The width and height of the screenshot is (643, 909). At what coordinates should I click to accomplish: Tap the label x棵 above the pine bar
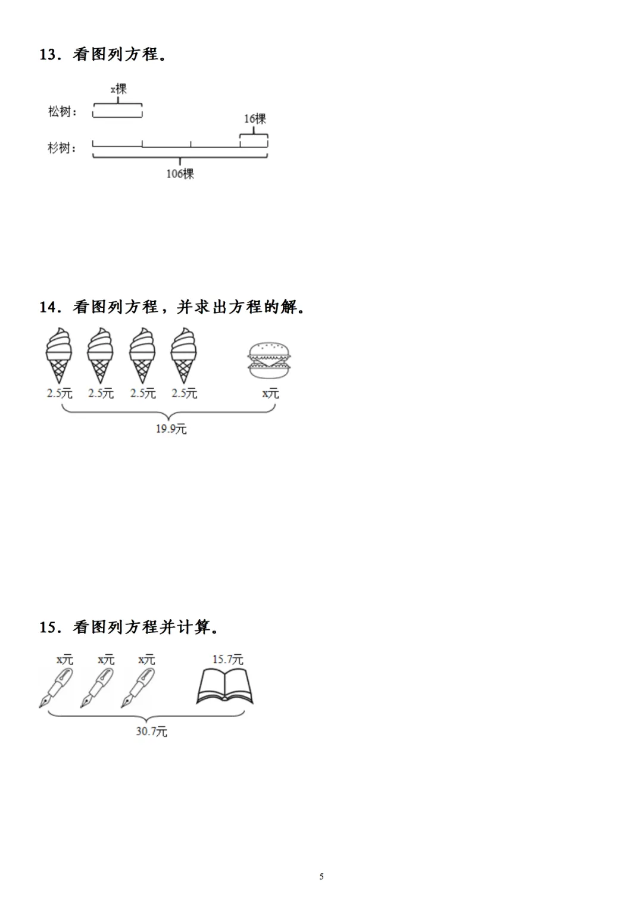[x=118, y=89]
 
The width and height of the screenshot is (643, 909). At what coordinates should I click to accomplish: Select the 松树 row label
[x=62, y=111]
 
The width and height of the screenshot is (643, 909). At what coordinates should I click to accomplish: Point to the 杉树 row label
[x=62, y=148]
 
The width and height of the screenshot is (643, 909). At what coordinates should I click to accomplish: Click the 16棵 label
[x=255, y=119]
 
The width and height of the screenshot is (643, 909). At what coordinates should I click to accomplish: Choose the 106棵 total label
[x=180, y=174]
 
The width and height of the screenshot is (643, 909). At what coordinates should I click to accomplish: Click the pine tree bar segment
[x=117, y=111]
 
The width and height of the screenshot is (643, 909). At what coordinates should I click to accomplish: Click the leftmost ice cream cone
[x=59, y=355]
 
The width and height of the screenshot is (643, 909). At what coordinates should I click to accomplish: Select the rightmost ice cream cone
[x=183, y=355]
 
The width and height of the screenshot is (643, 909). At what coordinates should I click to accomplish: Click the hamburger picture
[x=269, y=360]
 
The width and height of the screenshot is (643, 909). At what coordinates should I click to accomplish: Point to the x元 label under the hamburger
[x=270, y=393]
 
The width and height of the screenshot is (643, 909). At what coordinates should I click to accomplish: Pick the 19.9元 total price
[x=171, y=429]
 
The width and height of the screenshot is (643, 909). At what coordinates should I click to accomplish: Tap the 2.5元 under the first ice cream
[x=60, y=393]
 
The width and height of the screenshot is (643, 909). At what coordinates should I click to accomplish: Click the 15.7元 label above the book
[x=227, y=660]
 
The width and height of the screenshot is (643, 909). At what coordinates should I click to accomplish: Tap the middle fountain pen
[x=97, y=688]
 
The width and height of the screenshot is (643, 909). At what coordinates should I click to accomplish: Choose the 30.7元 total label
[x=151, y=731]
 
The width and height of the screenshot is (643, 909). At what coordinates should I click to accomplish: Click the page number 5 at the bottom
[x=321, y=876]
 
